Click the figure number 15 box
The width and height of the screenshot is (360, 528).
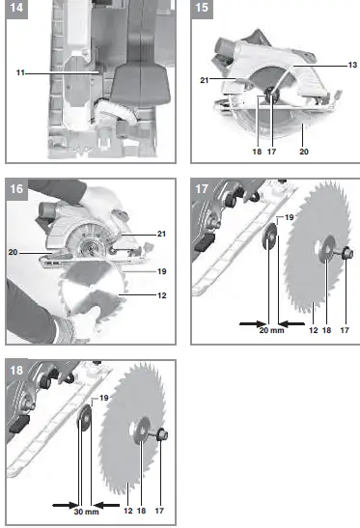(203, 11)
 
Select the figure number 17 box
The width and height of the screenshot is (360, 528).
(203, 188)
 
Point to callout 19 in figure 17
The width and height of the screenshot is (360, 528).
(288, 219)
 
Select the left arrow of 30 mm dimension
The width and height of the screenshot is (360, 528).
(61, 502)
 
